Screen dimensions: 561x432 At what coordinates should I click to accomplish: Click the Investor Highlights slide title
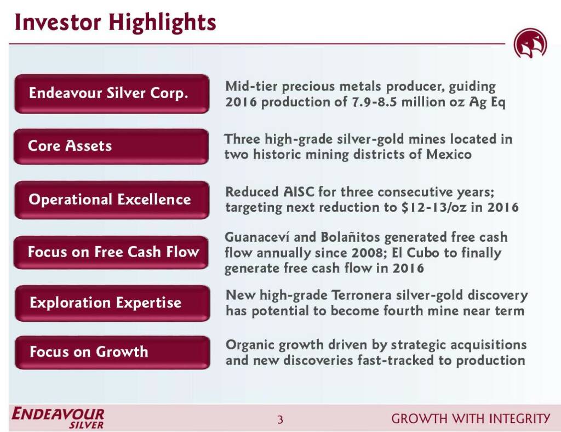115,22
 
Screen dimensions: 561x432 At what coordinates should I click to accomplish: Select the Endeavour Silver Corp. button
112,94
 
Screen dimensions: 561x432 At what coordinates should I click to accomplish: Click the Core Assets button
111,146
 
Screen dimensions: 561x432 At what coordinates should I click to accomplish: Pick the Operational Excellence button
112,200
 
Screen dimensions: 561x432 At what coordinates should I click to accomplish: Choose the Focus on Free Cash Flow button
111,252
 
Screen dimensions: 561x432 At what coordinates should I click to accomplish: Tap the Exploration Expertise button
113,303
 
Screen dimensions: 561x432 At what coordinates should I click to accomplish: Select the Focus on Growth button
113,352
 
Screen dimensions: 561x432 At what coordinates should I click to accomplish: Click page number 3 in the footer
280,419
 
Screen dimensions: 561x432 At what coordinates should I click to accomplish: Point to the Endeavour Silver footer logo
58,418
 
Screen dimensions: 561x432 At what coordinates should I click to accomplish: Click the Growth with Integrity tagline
471,418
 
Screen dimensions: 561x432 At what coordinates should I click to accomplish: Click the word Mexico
449,154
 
